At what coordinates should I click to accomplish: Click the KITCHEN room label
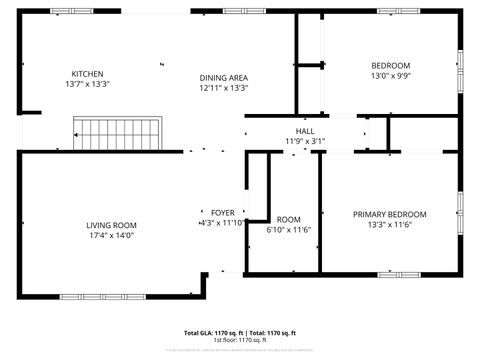tap(87, 74)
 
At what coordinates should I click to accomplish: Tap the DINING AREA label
tap(224, 77)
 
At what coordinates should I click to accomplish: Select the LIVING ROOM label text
tap(111, 225)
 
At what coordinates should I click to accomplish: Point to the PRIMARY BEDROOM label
tap(390, 214)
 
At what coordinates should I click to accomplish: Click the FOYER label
tap(222, 213)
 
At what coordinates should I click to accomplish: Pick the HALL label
tap(305, 131)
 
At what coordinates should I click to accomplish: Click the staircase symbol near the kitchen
tap(118, 131)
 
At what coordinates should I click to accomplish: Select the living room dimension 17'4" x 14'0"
tap(111, 236)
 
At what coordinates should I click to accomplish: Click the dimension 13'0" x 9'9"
tap(391, 76)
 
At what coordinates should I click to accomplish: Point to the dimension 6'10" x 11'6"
tap(289, 230)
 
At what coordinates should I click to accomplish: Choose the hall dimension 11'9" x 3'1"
tap(305, 141)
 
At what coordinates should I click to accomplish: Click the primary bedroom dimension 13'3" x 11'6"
tap(390, 225)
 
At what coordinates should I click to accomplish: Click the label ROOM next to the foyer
tap(289, 219)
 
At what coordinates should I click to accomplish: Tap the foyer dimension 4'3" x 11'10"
tap(222, 223)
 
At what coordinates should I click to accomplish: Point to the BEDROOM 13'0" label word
tap(391, 65)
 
